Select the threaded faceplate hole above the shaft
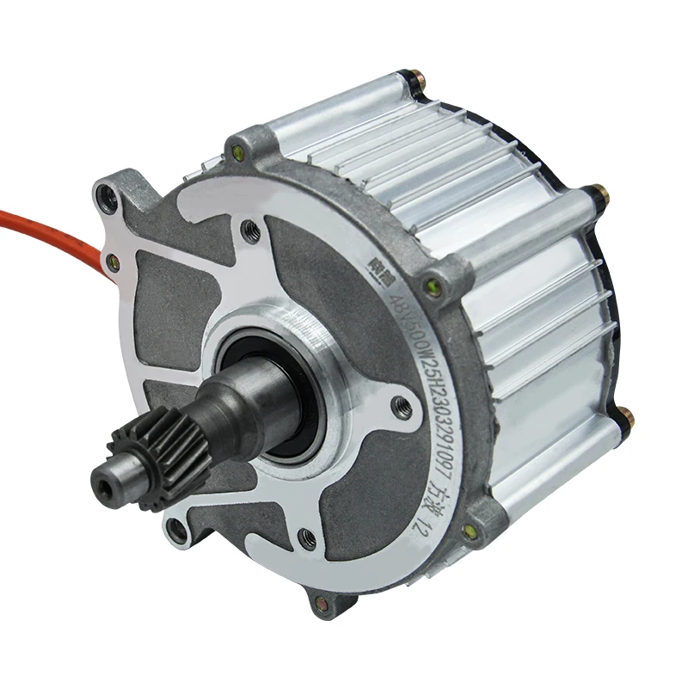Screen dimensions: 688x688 click(x=250, y=230)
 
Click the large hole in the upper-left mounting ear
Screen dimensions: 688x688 click(x=109, y=199)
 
